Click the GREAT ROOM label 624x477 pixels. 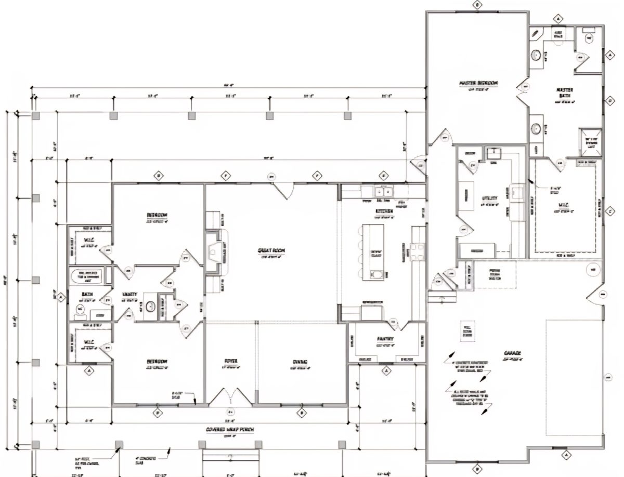[x=271, y=251]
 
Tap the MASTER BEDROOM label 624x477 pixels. [x=478, y=83]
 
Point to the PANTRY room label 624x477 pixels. [x=385, y=339]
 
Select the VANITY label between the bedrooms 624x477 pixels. [x=129, y=294]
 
